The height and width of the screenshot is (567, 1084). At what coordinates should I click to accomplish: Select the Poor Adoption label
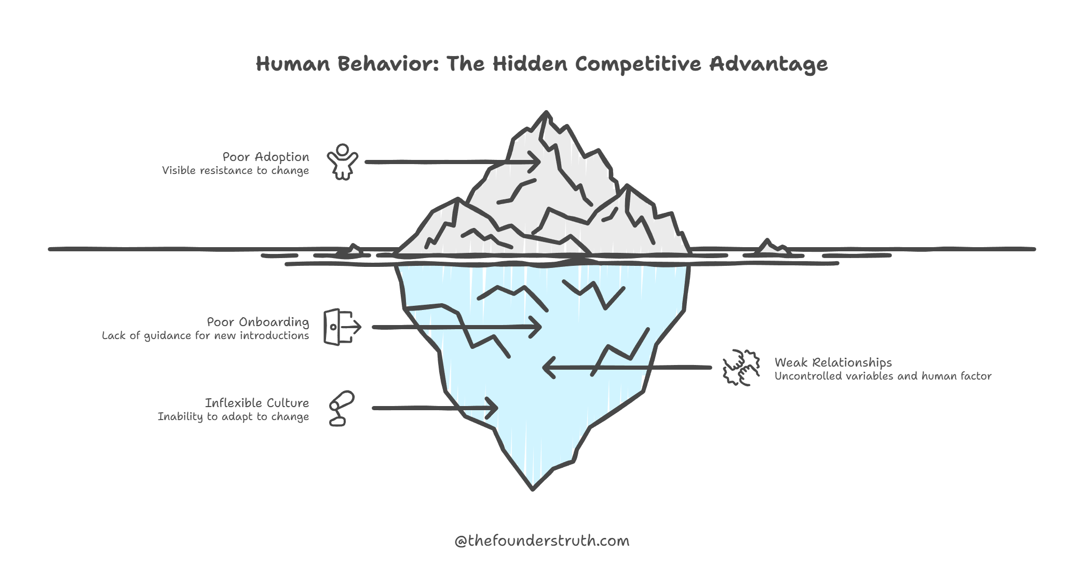point(266,157)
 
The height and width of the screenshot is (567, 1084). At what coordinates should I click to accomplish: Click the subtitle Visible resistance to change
point(235,171)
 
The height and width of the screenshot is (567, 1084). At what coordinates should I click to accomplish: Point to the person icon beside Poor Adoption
point(342,162)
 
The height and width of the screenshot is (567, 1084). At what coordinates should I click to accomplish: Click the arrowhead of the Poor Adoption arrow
point(538,161)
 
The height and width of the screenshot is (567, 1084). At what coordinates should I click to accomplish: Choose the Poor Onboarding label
point(258,322)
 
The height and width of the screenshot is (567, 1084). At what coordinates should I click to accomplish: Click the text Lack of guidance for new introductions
point(205,336)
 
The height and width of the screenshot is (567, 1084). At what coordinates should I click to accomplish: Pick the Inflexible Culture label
point(257,403)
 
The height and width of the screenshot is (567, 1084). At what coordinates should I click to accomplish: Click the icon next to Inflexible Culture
point(341,408)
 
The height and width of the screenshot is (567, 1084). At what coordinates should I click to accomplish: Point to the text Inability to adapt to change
point(233,417)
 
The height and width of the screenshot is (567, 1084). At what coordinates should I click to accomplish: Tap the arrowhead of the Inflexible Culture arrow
point(494,408)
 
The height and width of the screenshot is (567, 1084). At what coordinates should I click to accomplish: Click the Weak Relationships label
point(833,362)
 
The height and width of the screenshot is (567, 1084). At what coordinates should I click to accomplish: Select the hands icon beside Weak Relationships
point(741,368)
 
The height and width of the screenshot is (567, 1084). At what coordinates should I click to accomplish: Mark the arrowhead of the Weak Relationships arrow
point(546,368)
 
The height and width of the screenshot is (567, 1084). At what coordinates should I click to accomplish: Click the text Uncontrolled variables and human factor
point(883,376)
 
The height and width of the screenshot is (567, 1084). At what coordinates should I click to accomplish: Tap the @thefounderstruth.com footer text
point(541,541)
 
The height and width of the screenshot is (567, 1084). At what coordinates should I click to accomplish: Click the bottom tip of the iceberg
point(533,488)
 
